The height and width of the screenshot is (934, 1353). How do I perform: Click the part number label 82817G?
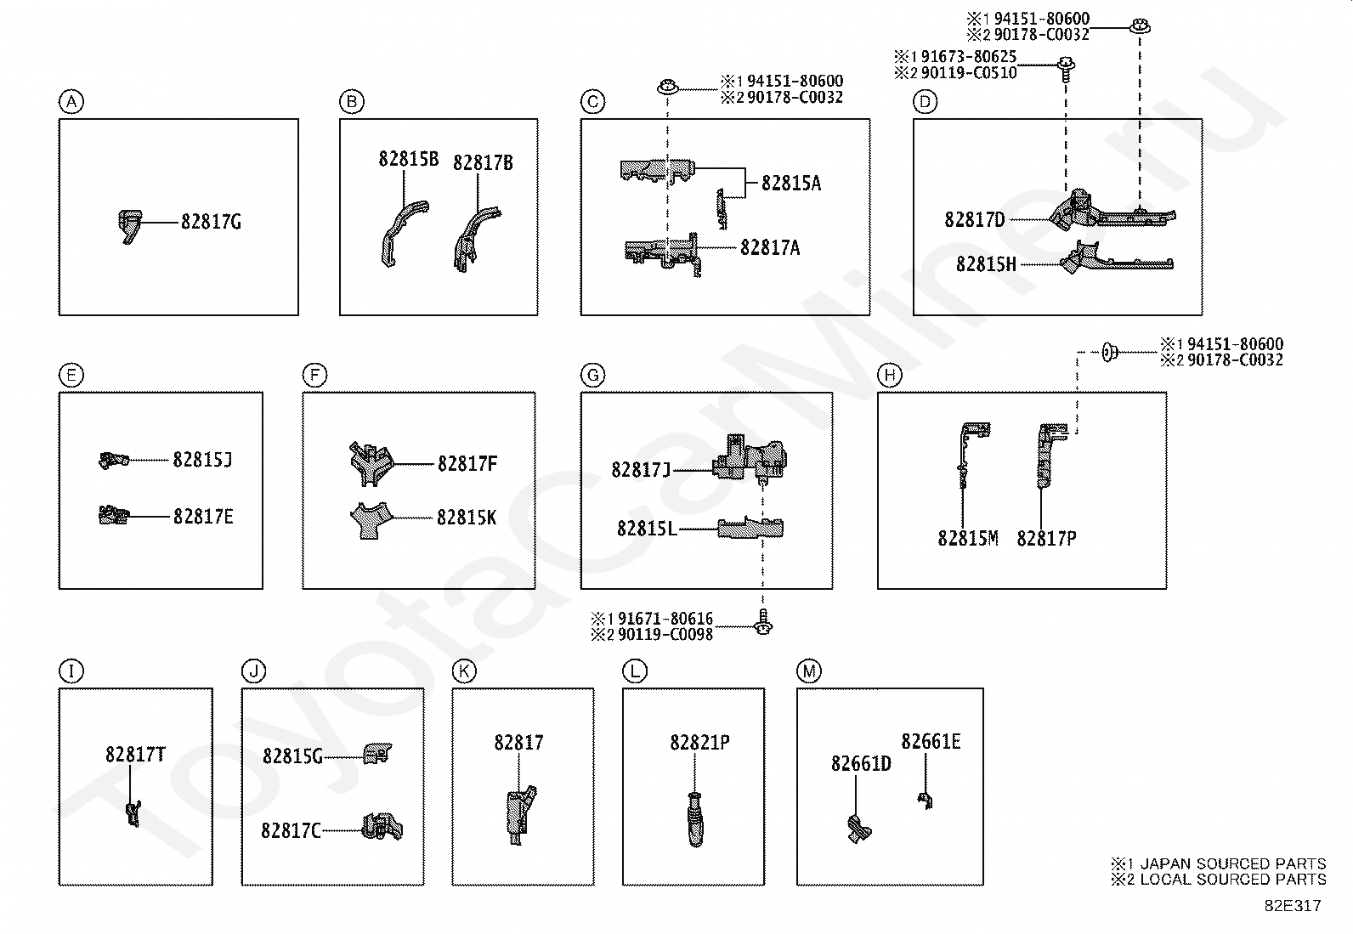pos(211,222)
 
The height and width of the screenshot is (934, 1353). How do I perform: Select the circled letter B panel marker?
pos(352,101)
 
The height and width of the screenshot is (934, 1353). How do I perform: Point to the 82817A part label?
pos(770,247)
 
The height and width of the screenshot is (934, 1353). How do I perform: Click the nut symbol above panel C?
pos(667,88)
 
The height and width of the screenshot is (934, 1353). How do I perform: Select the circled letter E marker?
pos(71,375)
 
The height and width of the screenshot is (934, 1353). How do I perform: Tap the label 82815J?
pos(202,460)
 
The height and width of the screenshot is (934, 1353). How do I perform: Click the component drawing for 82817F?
pos(371,463)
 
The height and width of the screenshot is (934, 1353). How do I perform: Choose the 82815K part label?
pos(467,518)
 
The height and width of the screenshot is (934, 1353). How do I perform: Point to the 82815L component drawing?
pos(750,528)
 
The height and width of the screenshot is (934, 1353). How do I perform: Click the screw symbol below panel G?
pos(763,621)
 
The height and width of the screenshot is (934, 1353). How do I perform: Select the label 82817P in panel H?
pos(1046,538)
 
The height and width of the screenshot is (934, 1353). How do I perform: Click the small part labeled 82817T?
pos(133,813)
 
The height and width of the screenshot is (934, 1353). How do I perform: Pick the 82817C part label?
pos(292,830)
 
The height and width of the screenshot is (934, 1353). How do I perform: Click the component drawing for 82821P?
pos(694,819)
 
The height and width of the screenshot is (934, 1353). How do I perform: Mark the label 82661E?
pos(931,742)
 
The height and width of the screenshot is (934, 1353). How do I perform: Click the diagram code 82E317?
pos(1294,906)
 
